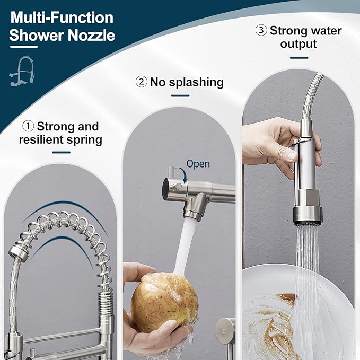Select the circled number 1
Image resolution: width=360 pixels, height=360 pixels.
pyautogui.click(x=28, y=127)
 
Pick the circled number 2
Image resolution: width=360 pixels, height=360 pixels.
pyautogui.click(x=141, y=82)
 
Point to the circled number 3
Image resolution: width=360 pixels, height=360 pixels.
pyautogui.click(x=261, y=30)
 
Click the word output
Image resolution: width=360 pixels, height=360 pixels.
pyautogui.click(x=299, y=45)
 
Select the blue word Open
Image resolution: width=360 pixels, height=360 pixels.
pyautogui.click(x=198, y=164)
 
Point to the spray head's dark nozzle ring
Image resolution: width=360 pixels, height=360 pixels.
pyautogui.click(x=307, y=214)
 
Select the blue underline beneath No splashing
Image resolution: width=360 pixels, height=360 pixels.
pyautogui.click(x=180, y=96)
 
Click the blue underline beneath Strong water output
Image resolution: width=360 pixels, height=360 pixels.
pyautogui.click(x=299, y=58)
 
